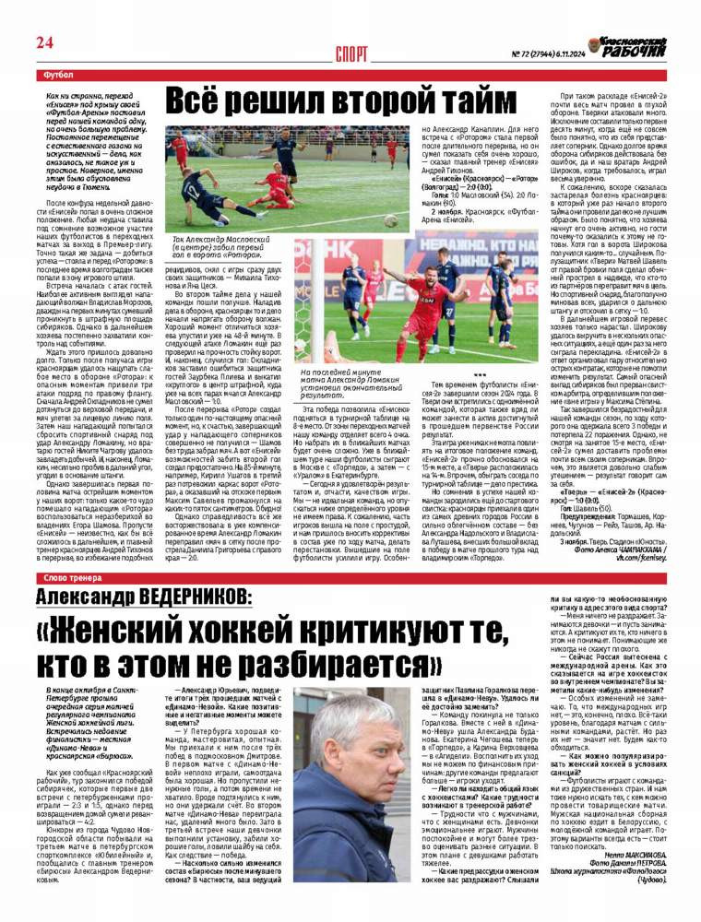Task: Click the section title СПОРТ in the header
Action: pyautogui.click(x=351, y=53)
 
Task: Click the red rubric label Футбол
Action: pyautogui.click(x=58, y=73)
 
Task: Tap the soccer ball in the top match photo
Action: pyautogui.click(x=390, y=221)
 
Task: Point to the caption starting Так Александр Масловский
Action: pyautogui.click(x=215, y=244)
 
